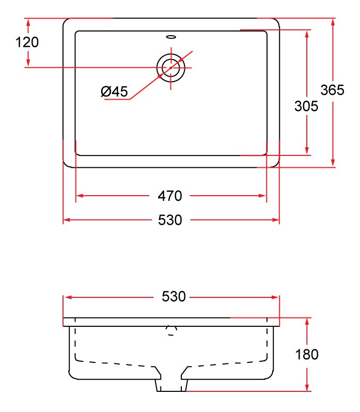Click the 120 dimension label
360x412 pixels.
[27, 42]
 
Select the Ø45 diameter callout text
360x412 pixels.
[114, 91]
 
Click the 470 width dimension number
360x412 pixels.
[170, 196]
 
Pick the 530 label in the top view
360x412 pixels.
[170, 220]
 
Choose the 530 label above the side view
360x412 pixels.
[174, 296]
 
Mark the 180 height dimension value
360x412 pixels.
[307, 354]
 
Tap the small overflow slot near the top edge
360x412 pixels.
[171, 37]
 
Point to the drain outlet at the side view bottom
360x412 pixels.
[171, 385]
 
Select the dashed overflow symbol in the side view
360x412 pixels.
[171, 330]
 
